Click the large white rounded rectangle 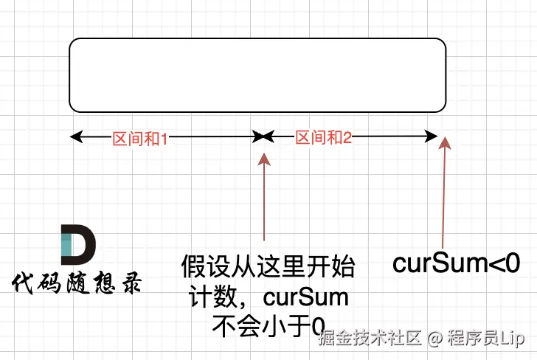(x=257, y=75)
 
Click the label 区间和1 (x=140, y=138)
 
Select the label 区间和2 (x=323, y=137)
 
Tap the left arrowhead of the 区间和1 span (x=75, y=136)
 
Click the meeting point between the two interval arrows (x=263, y=136)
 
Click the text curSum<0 (x=457, y=263)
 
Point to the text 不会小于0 (x=268, y=326)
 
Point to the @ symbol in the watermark (x=434, y=339)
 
